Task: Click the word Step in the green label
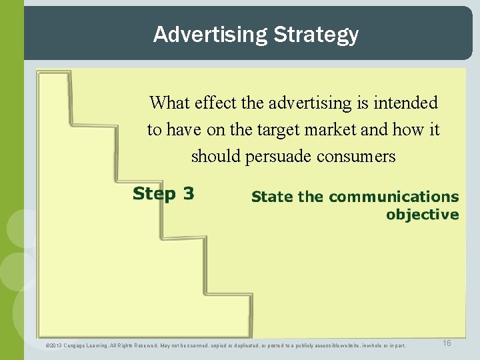pos(155,194)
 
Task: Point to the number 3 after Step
pos(189,194)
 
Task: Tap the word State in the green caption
pos(272,197)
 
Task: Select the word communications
pos(393,197)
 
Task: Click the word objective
pos(422,215)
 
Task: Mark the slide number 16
pos(447,343)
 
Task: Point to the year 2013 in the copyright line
pos(55,345)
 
